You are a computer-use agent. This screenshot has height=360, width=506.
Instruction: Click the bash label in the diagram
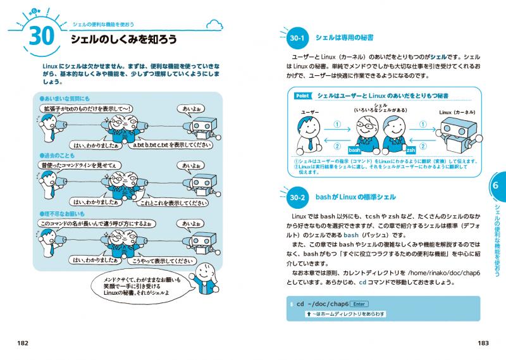point(354,150)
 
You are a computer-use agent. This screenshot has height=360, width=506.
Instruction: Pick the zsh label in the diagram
point(410,150)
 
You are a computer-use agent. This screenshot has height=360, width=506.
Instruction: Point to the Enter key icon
point(359,303)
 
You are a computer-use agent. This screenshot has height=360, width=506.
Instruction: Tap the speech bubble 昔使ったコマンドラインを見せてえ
point(79,165)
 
